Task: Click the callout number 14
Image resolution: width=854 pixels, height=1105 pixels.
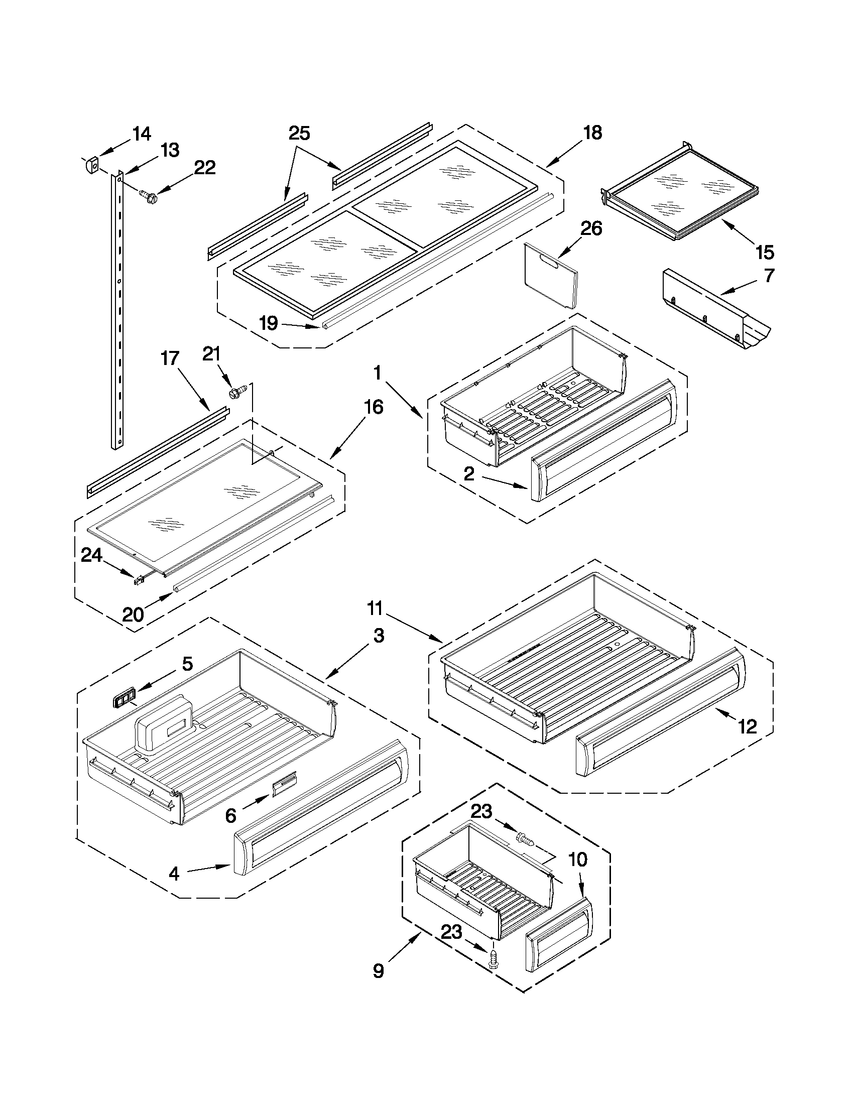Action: [142, 134]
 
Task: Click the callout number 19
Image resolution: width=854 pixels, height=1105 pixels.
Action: [269, 323]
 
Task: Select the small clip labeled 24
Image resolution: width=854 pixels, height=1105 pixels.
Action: [138, 581]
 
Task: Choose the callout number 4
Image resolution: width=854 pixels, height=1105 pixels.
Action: [174, 873]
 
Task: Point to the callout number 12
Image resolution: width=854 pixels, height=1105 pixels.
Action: [747, 727]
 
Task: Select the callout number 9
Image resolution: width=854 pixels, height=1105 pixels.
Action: [379, 985]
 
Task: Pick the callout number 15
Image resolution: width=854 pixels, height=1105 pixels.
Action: [765, 252]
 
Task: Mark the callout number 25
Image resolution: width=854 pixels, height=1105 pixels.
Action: [299, 134]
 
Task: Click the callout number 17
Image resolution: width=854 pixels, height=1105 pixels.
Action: [170, 358]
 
